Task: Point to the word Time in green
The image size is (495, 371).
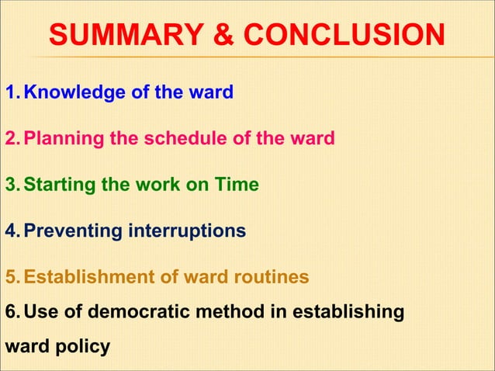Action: (x=237, y=185)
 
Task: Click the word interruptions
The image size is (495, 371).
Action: (x=187, y=231)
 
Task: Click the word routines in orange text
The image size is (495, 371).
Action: (x=274, y=276)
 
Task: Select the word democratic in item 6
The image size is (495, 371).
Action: (x=145, y=311)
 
